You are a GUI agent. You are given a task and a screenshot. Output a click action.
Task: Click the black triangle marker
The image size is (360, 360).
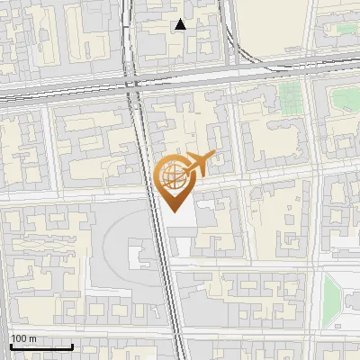[x=181, y=24]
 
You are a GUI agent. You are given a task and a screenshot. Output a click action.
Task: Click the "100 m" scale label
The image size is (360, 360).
[x=23, y=338]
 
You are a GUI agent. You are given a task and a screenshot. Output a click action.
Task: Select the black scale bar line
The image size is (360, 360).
[x=40, y=346]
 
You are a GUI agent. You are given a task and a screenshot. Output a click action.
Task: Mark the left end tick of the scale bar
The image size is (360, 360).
[x=10, y=345]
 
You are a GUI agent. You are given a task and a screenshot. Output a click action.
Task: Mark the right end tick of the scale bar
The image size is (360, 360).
[x=72, y=345]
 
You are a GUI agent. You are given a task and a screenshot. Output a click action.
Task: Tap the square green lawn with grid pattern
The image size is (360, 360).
[x=290, y=96]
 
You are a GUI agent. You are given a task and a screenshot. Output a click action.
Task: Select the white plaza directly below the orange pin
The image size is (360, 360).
[x=178, y=220]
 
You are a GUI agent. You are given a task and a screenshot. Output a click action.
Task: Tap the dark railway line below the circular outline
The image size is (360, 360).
[x=171, y=297]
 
